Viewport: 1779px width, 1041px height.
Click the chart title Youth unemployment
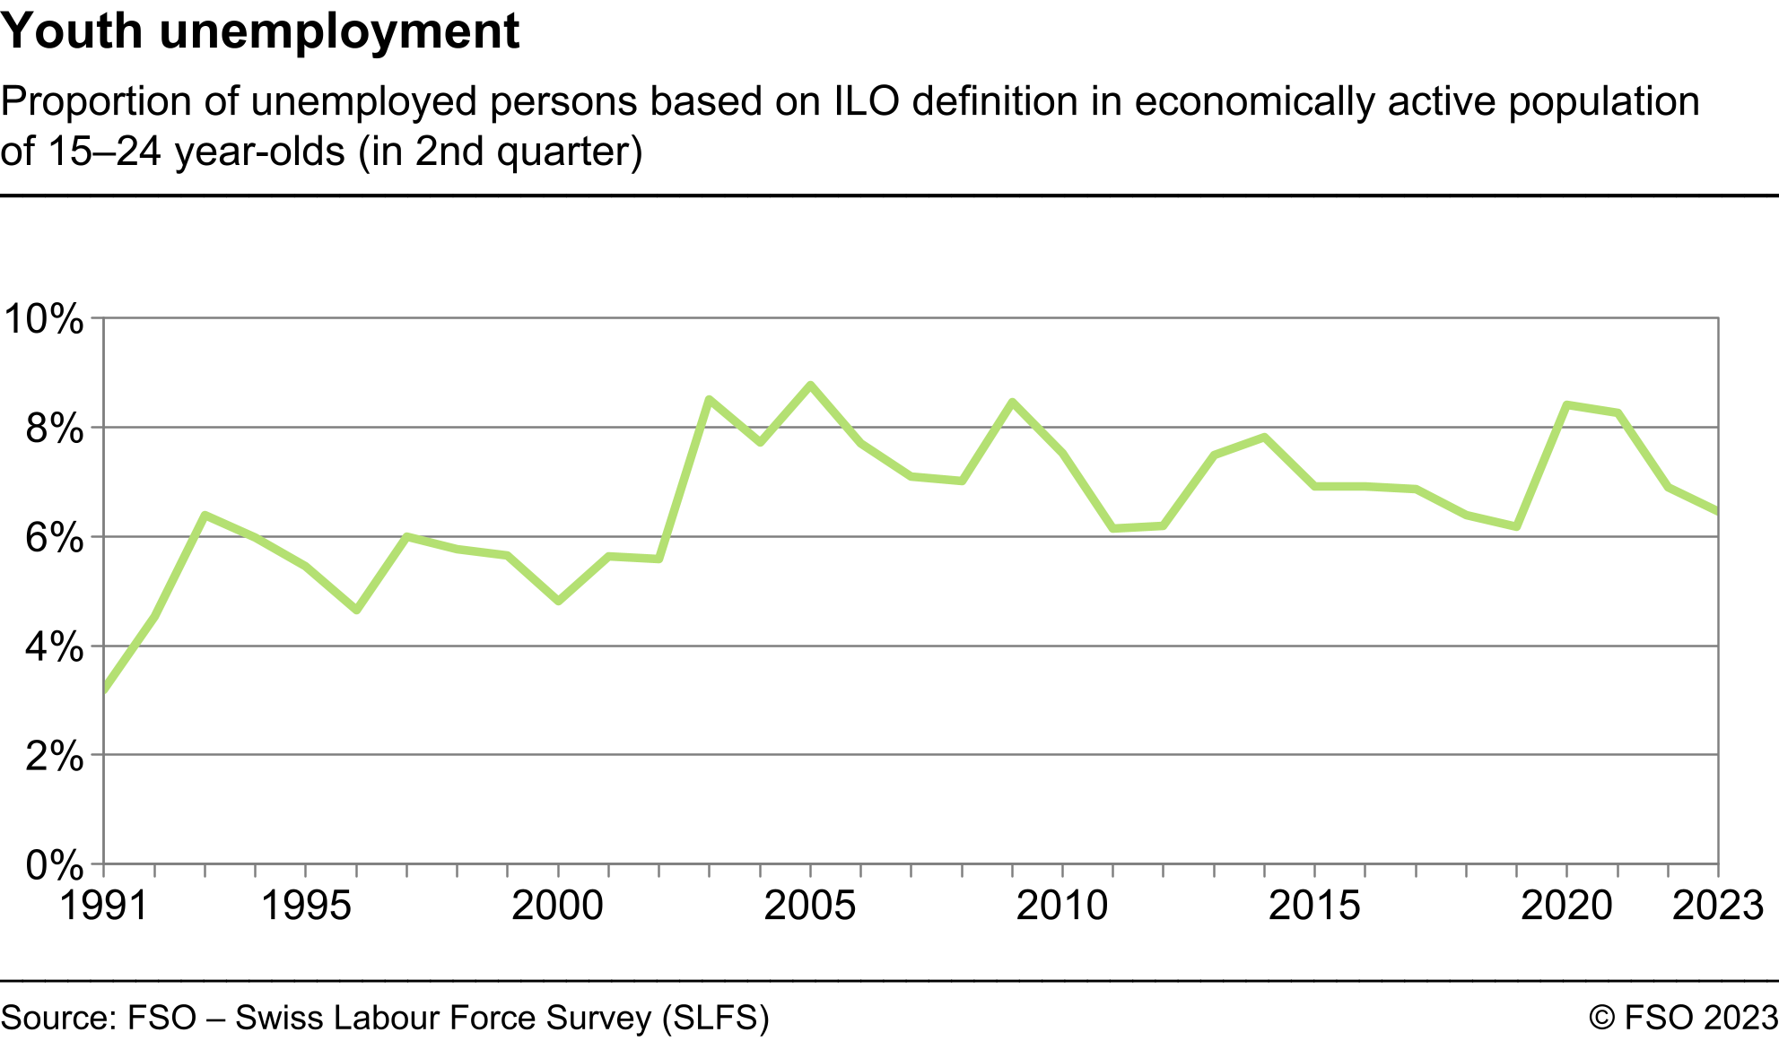point(260,32)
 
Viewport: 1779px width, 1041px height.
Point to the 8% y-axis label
point(54,429)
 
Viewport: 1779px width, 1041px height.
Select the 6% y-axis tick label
point(54,538)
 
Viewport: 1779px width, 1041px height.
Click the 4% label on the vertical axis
point(54,647)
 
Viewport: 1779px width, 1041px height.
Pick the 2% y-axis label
point(54,757)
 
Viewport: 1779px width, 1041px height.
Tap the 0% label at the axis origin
point(54,866)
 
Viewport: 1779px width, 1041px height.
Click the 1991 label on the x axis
point(104,906)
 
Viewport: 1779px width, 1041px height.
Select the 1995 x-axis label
point(306,906)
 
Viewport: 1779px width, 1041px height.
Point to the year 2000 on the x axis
point(558,906)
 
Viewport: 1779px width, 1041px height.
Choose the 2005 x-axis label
point(810,906)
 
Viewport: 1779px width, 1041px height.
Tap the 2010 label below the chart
point(1062,906)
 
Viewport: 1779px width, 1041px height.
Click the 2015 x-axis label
point(1314,906)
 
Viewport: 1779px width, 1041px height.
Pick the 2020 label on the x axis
point(1566,906)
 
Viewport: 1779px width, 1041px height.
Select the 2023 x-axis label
point(1718,906)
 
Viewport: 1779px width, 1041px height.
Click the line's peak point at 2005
point(810,386)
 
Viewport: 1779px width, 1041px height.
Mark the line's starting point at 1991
point(105,690)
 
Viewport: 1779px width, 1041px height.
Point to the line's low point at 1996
point(356,610)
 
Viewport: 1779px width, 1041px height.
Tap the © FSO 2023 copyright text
point(1683,1018)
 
